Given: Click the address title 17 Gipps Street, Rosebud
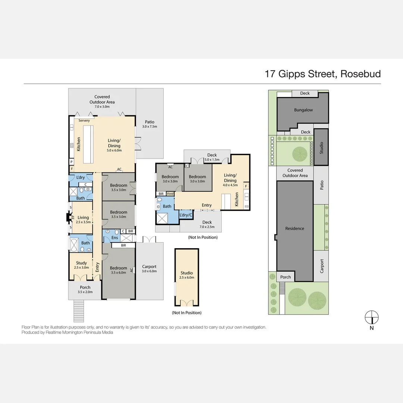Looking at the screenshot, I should coord(322,74).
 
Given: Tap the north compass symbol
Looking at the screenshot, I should coord(372,318).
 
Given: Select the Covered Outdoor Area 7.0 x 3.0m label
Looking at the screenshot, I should coord(102,100).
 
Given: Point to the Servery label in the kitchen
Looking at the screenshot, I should coord(84,121).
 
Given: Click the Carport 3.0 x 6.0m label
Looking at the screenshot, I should coord(149,269).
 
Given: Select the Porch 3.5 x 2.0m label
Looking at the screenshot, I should coord(85,290).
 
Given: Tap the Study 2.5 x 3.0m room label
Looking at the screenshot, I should coord(81,265).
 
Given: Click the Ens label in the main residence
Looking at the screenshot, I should coord(115,237).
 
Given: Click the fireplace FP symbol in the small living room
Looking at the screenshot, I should coord(73,217).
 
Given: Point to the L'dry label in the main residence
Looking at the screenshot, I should coord(81,178).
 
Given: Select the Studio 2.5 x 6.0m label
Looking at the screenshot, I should coord(187,275).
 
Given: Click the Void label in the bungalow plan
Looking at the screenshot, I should coord(170,194).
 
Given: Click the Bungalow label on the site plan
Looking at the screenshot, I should coord(303,110).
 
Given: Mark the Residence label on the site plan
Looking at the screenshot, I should coord(294,228).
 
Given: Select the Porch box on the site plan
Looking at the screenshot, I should coord(285,277).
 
